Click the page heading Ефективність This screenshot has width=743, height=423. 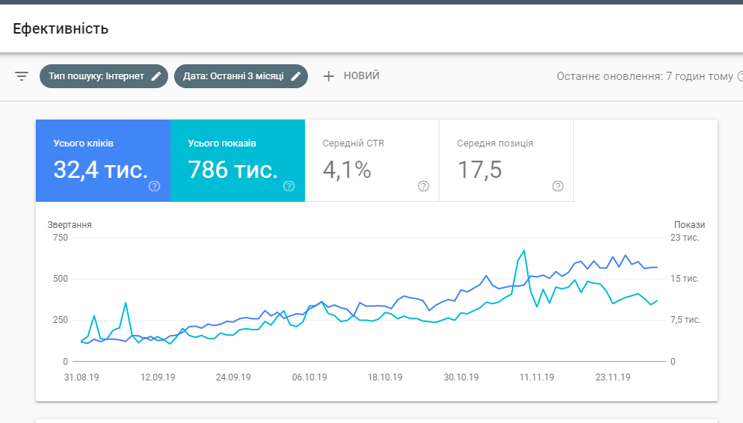pyautogui.click(x=61, y=29)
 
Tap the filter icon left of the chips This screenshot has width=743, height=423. pyautogui.click(x=22, y=76)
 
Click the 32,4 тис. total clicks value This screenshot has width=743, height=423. pyautogui.click(x=100, y=170)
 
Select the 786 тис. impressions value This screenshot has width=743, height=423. pyautogui.click(x=232, y=170)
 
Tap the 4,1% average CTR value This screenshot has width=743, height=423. pyautogui.click(x=347, y=170)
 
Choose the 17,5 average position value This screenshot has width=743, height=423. pyautogui.click(x=480, y=170)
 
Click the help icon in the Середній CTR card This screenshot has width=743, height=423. pyautogui.click(x=423, y=186)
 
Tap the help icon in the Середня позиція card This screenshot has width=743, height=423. pyautogui.click(x=558, y=186)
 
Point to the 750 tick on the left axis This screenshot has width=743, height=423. pyautogui.click(x=60, y=238)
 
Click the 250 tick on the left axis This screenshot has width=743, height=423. pyautogui.click(x=60, y=320)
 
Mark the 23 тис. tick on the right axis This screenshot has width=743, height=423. pyautogui.click(x=685, y=238)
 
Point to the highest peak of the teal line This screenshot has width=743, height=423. pyautogui.click(x=524, y=250)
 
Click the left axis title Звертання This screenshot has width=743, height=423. pyautogui.click(x=70, y=224)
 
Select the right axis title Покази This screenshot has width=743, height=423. pyautogui.click(x=689, y=224)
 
